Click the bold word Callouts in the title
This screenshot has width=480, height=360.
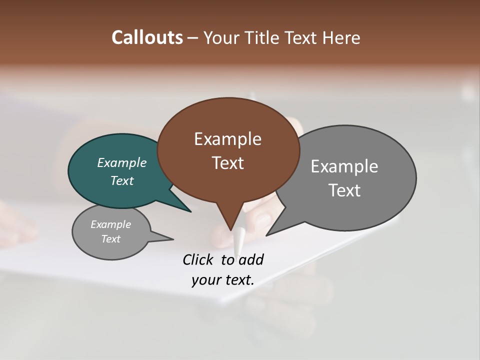pyautogui.click(x=147, y=37)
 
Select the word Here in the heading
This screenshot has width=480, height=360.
pyautogui.click(x=341, y=37)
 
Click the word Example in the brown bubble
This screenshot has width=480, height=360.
pyautogui.click(x=227, y=139)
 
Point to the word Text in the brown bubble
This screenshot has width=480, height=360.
pyautogui.click(x=227, y=163)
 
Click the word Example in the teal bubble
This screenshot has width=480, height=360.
pyautogui.click(x=122, y=163)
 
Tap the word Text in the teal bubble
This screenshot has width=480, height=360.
pyautogui.click(x=122, y=180)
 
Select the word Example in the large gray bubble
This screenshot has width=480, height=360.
pyautogui.click(x=344, y=166)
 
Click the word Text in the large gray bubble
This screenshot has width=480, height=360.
pyautogui.click(x=344, y=190)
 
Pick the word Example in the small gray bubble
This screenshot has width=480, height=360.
pyautogui.click(x=111, y=224)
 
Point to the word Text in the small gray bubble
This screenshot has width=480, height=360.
pyautogui.click(x=111, y=239)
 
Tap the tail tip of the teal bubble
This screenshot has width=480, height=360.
pyautogui.click(x=191, y=211)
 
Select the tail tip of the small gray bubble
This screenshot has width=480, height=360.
pyautogui.click(x=173, y=239)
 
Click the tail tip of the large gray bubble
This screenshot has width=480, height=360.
pyautogui.click(x=266, y=235)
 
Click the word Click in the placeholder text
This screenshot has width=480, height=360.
pyautogui.click(x=198, y=259)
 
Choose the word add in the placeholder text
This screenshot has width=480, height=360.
pyautogui.click(x=250, y=259)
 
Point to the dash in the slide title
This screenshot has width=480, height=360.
pyautogui.click(x=193, y=37)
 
